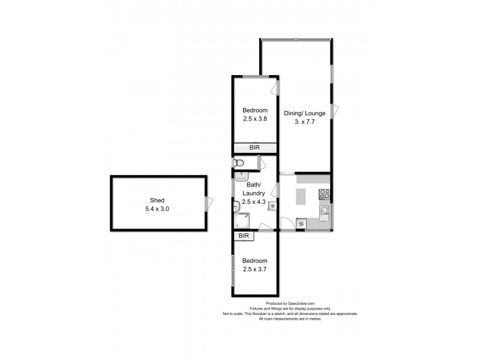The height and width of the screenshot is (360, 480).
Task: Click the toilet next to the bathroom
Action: [238, 163]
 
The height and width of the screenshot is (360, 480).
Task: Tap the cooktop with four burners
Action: [325, 194]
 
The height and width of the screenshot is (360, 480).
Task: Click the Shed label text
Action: [157, 200]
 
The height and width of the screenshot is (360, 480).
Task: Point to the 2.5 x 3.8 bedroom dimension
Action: [255, 119]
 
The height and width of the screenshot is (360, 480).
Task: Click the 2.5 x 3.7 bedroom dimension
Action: [255, 269]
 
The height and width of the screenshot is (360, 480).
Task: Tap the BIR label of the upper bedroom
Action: [255, 148]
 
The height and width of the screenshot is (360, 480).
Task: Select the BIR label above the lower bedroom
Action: [244, 236]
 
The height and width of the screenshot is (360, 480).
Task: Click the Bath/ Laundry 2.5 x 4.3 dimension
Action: [254, 202]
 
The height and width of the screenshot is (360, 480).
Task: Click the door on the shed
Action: [208, 203]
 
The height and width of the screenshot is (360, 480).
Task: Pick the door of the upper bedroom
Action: [275, 87]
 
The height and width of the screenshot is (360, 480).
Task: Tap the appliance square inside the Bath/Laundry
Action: [272, 206]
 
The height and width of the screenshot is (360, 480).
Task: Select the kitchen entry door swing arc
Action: [287, 223]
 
